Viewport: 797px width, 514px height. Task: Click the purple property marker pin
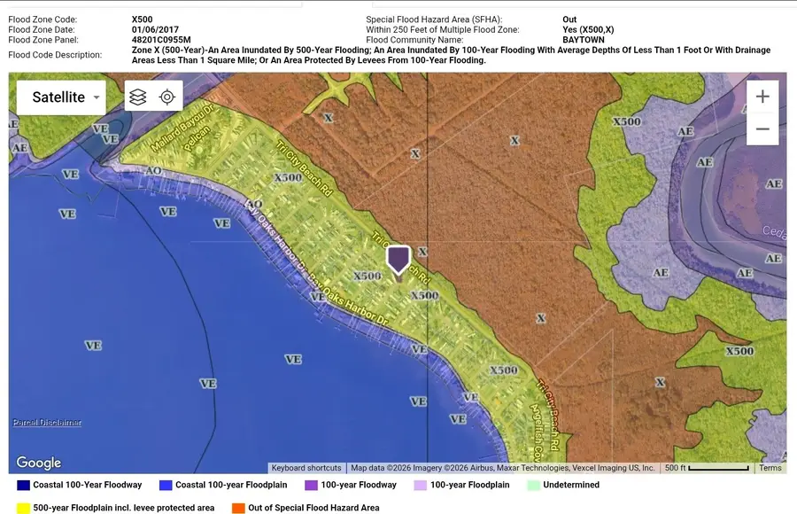tap(398, 259)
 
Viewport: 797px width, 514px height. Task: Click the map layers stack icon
tap(137, 97)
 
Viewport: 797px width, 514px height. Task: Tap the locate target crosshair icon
tap(167, 97)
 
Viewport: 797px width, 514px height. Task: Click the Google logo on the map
tap(39, 463)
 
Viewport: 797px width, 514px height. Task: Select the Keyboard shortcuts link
tap(306, 468)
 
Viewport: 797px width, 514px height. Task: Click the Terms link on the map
tap(770, 468)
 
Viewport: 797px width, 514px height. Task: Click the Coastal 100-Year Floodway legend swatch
tap(22, 486)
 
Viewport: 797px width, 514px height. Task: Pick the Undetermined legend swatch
tap(533, 486)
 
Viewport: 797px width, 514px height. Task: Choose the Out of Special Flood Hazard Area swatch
tap(238, 508)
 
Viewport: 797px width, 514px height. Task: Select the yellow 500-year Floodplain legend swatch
tap(22, 508)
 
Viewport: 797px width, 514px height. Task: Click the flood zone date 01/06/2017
tap(156, 29)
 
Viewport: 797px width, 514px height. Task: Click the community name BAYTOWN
tap(584, 40)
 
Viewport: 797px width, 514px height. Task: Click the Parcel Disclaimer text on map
tap(47, 423)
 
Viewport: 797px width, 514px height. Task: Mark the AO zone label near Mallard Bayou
tap(152, 169)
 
